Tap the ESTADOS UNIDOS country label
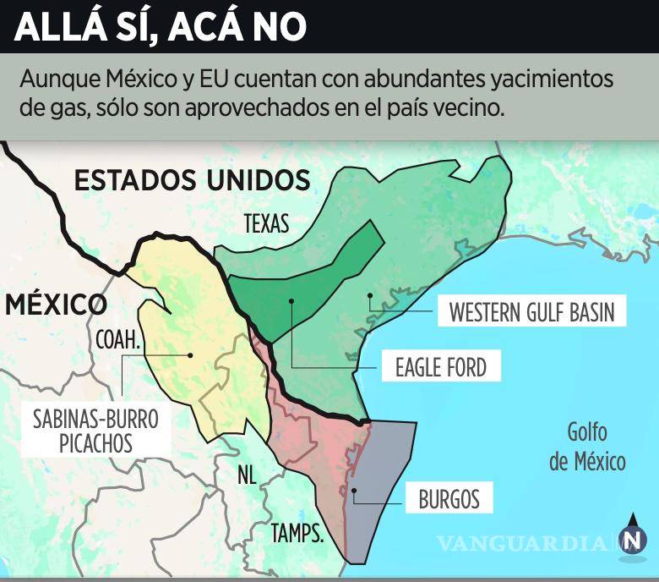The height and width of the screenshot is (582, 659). pyautogui.click(x=192, y=180)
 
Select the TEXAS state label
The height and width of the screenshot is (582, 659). pyautogui.click(x=266, y=223)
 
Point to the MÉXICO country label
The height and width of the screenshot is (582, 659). pyautogui.click(x=56, y=305)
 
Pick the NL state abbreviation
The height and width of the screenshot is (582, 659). pyautogui.click(x=246, y=475)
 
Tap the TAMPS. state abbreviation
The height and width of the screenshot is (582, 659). pyautogui.click(x=297, y=533)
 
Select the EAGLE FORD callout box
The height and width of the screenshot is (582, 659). pyautogui.click(x=440, y=367)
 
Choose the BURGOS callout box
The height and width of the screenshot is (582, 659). pyautogui.click(x=449, y=499)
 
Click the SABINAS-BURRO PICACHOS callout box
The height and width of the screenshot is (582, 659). pyautogui.click(x=95, y=430)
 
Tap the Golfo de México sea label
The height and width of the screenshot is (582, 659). pyautogui.click(x=587, y=447)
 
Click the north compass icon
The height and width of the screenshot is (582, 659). pyautogui.click(x=633, y=535)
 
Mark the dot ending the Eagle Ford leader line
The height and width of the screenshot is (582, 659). pyautogui.click(x=291, y=300)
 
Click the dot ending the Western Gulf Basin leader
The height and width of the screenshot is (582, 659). pyautogui.click(x=369, y=295)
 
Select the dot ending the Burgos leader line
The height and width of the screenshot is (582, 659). pyautogui.click(x=354, y=490)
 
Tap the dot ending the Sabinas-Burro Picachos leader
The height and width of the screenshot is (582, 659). pyautogui.click(x=191, y=355)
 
